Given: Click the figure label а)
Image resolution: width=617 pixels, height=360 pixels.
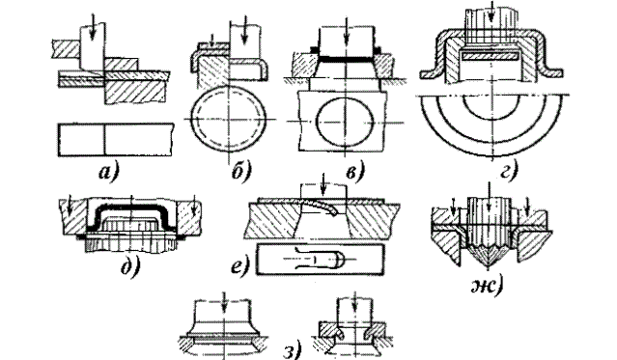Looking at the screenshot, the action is tap(108, 173).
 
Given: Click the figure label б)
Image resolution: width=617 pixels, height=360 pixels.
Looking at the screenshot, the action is tap(240, 172).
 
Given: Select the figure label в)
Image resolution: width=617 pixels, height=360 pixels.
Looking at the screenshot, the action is tap(355, 172).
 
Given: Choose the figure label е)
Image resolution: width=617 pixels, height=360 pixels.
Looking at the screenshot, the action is tap(240, 268).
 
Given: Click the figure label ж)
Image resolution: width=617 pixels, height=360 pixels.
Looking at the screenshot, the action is tap(488, 287).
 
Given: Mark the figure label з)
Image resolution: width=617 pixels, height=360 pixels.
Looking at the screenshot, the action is tap(293, 350).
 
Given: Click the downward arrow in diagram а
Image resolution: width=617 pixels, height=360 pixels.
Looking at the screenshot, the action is tap(92, 32).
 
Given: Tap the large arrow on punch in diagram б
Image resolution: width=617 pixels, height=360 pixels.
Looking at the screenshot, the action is tap(244, 30).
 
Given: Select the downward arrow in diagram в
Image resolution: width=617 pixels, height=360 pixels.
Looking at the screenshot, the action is tap(347, 35).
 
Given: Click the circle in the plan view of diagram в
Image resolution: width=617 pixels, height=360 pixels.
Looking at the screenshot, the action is tap(345, 122).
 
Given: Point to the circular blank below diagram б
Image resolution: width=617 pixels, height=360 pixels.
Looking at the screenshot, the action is tap(228, 119).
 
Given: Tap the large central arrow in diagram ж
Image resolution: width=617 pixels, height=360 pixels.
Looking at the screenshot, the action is tap(489, 196).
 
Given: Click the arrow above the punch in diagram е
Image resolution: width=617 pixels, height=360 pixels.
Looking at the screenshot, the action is tap(323, 183).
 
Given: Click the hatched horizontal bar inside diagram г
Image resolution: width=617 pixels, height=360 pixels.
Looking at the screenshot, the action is tap(490, 56).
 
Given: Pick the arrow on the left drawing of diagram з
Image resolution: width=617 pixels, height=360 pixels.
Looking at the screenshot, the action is tap(223, 302).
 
